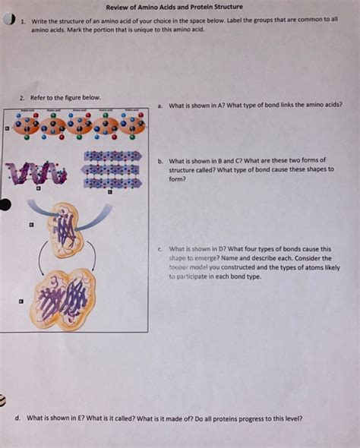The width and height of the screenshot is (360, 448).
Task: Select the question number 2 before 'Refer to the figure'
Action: point(23,97)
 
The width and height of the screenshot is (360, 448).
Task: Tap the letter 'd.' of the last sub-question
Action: point(17,418)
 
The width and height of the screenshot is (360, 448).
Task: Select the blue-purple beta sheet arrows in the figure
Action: point(112,169)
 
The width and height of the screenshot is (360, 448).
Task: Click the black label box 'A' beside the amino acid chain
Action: point(7,129)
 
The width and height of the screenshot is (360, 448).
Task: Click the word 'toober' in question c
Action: point(178,267)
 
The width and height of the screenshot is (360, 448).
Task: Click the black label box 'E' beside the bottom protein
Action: point(22,303)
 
